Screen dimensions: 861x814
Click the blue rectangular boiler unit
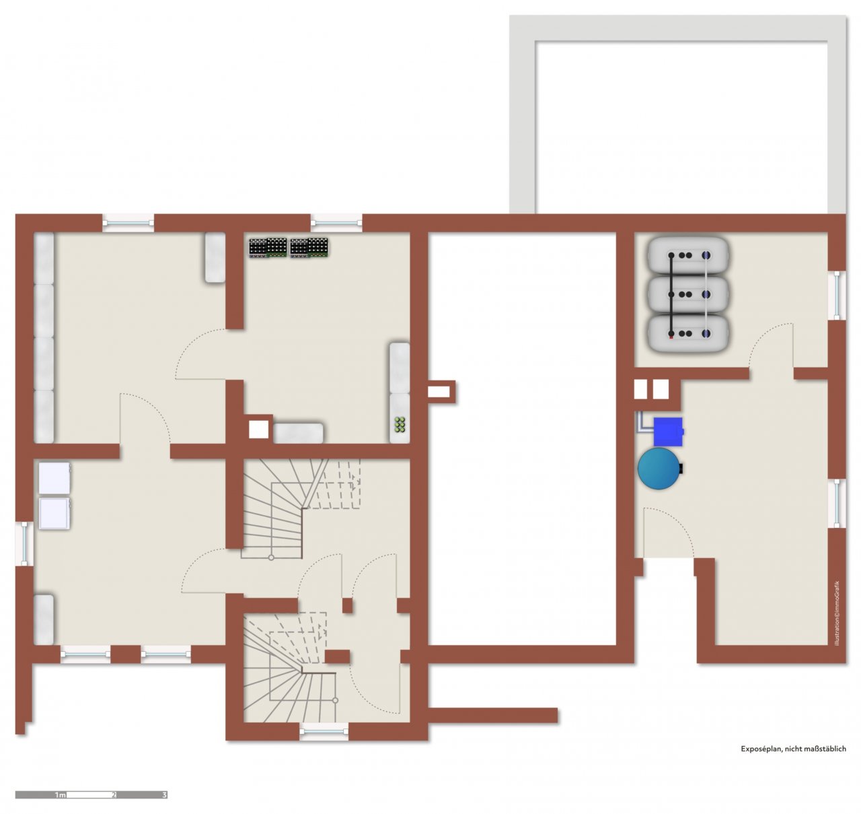(669, 432)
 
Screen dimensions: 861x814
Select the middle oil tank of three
(688, 294)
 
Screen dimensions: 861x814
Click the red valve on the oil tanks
(671, 337)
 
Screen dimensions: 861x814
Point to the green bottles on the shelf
(400, 424)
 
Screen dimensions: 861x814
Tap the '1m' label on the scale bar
(60, 795)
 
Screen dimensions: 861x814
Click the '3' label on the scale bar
(164, 795)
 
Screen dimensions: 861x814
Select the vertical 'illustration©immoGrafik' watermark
(837, 613)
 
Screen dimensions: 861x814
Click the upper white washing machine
(54, 477)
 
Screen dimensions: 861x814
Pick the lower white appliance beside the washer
(54, 513)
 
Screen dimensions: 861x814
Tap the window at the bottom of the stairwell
(324, 731)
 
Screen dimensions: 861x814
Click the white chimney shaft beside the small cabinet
(258, 430)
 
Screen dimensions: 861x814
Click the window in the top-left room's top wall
(128, 223)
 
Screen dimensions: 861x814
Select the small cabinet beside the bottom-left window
(44, 619)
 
